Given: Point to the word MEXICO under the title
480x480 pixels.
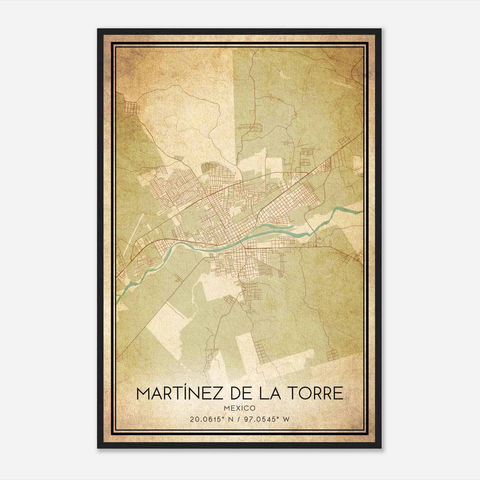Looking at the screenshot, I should click(240, 408).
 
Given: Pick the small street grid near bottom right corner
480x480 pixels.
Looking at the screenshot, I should click(333, 355).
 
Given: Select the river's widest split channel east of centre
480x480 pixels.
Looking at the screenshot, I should click(276, 229).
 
